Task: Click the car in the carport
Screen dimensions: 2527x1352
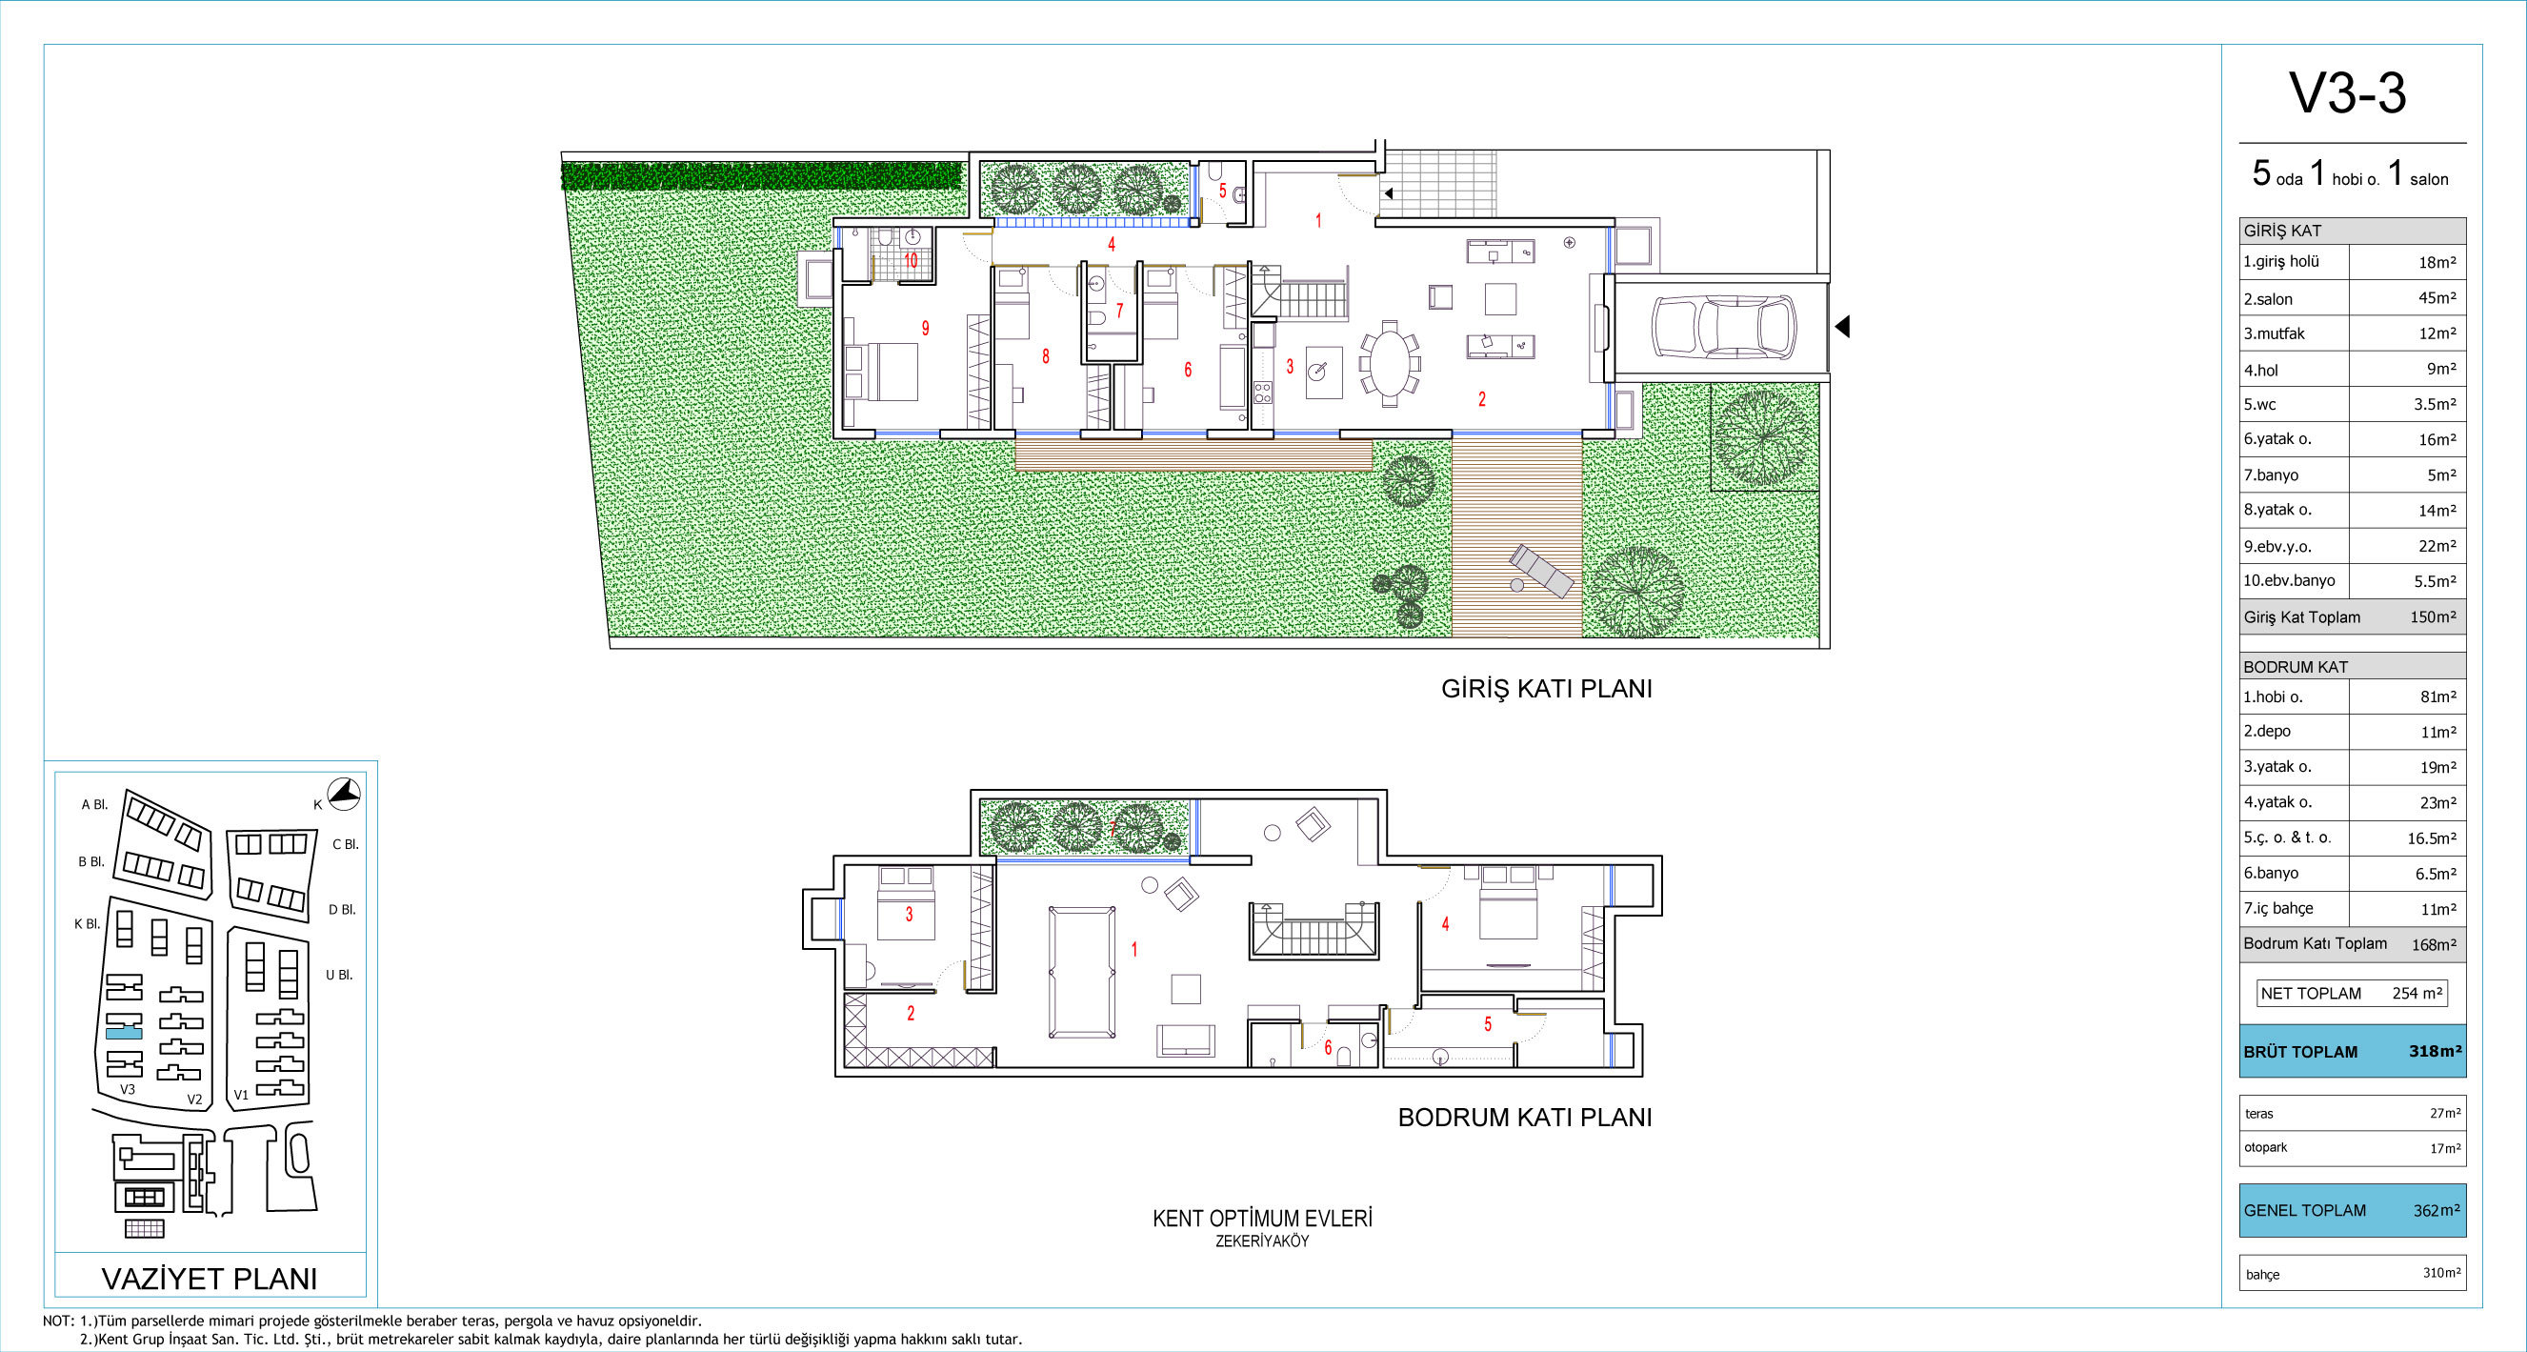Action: (x=1724, y=328)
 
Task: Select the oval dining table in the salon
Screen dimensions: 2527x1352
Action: (x=1389, y=361)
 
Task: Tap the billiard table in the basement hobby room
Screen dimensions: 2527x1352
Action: (x=1082, y=971)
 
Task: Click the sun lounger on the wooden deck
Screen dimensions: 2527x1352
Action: (x=1541, y=571)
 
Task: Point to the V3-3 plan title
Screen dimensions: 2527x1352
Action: (x=2348, y=94)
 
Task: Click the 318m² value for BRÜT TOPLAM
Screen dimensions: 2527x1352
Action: (x=2435, y=1051)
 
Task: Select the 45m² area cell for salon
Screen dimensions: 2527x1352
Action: (x=2437, y=298)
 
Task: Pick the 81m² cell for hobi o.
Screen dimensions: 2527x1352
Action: (x=2437, y=696)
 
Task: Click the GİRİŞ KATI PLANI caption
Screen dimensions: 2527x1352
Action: (x=1546, y=689)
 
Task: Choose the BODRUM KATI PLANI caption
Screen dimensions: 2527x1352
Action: (x=1524, y=1118)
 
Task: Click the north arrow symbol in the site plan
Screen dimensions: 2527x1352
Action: (x=343, y=794)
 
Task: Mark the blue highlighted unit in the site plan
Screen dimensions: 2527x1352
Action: (x=124, y=1033)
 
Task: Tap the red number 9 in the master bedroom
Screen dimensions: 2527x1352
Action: (x=925, y=329)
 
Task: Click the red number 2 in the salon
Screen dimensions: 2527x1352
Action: (x=1481, y=399)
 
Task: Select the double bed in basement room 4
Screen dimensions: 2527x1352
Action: (x=1509, y=902)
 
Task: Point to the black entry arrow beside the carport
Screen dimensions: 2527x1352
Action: (x=1842, y=326)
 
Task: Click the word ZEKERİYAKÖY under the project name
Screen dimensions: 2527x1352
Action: (x=1261, y=1241)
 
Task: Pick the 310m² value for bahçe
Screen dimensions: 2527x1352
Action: (x=2441, y=1273)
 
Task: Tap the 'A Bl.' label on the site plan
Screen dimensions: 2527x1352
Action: (x=95, y=804)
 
